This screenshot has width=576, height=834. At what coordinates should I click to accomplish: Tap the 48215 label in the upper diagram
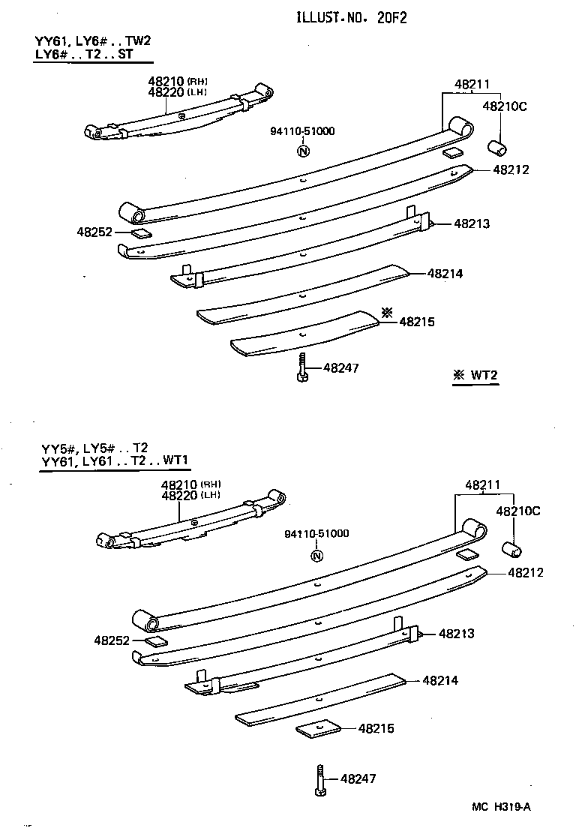(417, 322)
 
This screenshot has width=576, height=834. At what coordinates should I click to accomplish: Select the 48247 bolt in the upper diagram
(301, 367)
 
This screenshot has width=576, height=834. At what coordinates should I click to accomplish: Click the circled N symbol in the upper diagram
(303, 151)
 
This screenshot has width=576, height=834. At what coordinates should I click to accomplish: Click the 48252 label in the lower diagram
(112, 640)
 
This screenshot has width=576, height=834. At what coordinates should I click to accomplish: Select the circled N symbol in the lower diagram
(316, 556)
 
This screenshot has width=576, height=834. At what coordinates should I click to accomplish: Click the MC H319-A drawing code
(501, 807)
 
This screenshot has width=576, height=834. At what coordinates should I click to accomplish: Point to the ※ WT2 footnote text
(475, 375)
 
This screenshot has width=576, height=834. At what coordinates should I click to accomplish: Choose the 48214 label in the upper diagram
(445, 274)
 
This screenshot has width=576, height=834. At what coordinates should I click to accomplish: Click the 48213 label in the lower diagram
(457, 634)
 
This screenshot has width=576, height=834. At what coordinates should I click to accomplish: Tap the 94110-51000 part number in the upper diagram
(302, 131)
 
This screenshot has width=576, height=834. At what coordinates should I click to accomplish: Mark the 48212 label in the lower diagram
(525, 572)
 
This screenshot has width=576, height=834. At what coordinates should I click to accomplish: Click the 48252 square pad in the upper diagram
(141, 234)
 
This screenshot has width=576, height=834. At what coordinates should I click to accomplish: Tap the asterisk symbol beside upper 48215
(387, 312)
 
